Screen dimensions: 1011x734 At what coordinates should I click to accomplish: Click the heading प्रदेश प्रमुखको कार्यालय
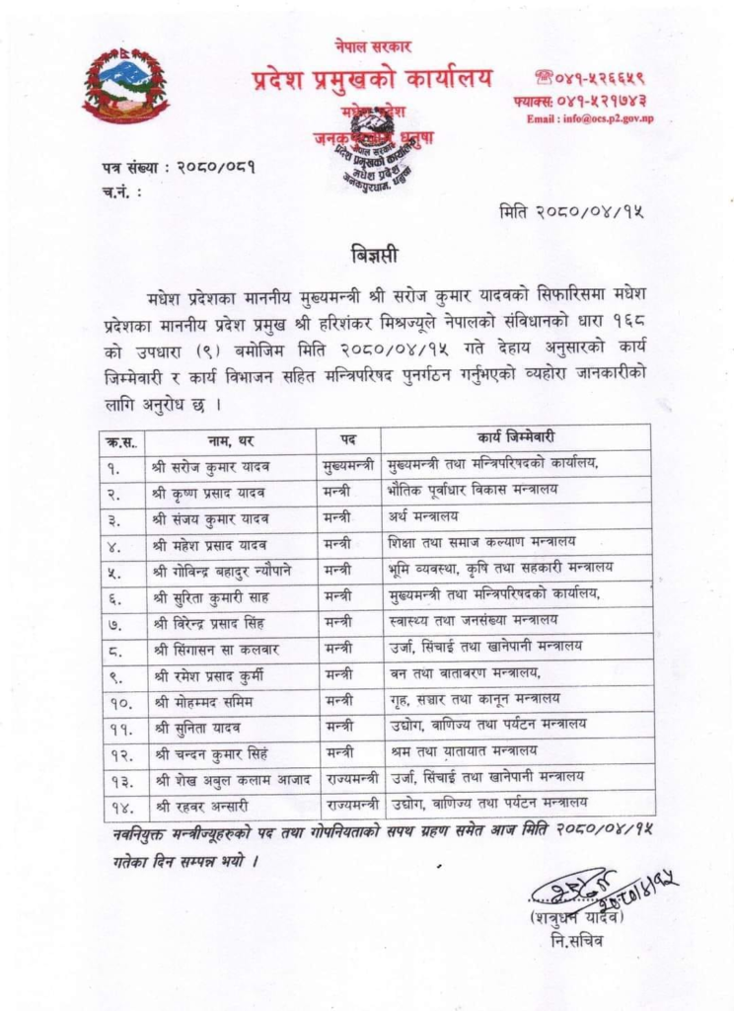click(372, 78)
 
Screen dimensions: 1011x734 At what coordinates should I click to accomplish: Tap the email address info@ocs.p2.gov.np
click(589, 119)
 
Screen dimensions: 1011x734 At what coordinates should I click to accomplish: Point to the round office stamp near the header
click(372, 151)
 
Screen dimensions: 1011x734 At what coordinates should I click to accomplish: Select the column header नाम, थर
click(232, 437)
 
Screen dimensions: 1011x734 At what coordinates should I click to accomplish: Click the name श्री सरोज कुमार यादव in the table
click(210, 464)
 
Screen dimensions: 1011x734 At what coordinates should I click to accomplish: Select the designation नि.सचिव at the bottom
click(577, 940)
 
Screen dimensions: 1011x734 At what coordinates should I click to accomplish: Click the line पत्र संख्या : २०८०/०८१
click(179, 167)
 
